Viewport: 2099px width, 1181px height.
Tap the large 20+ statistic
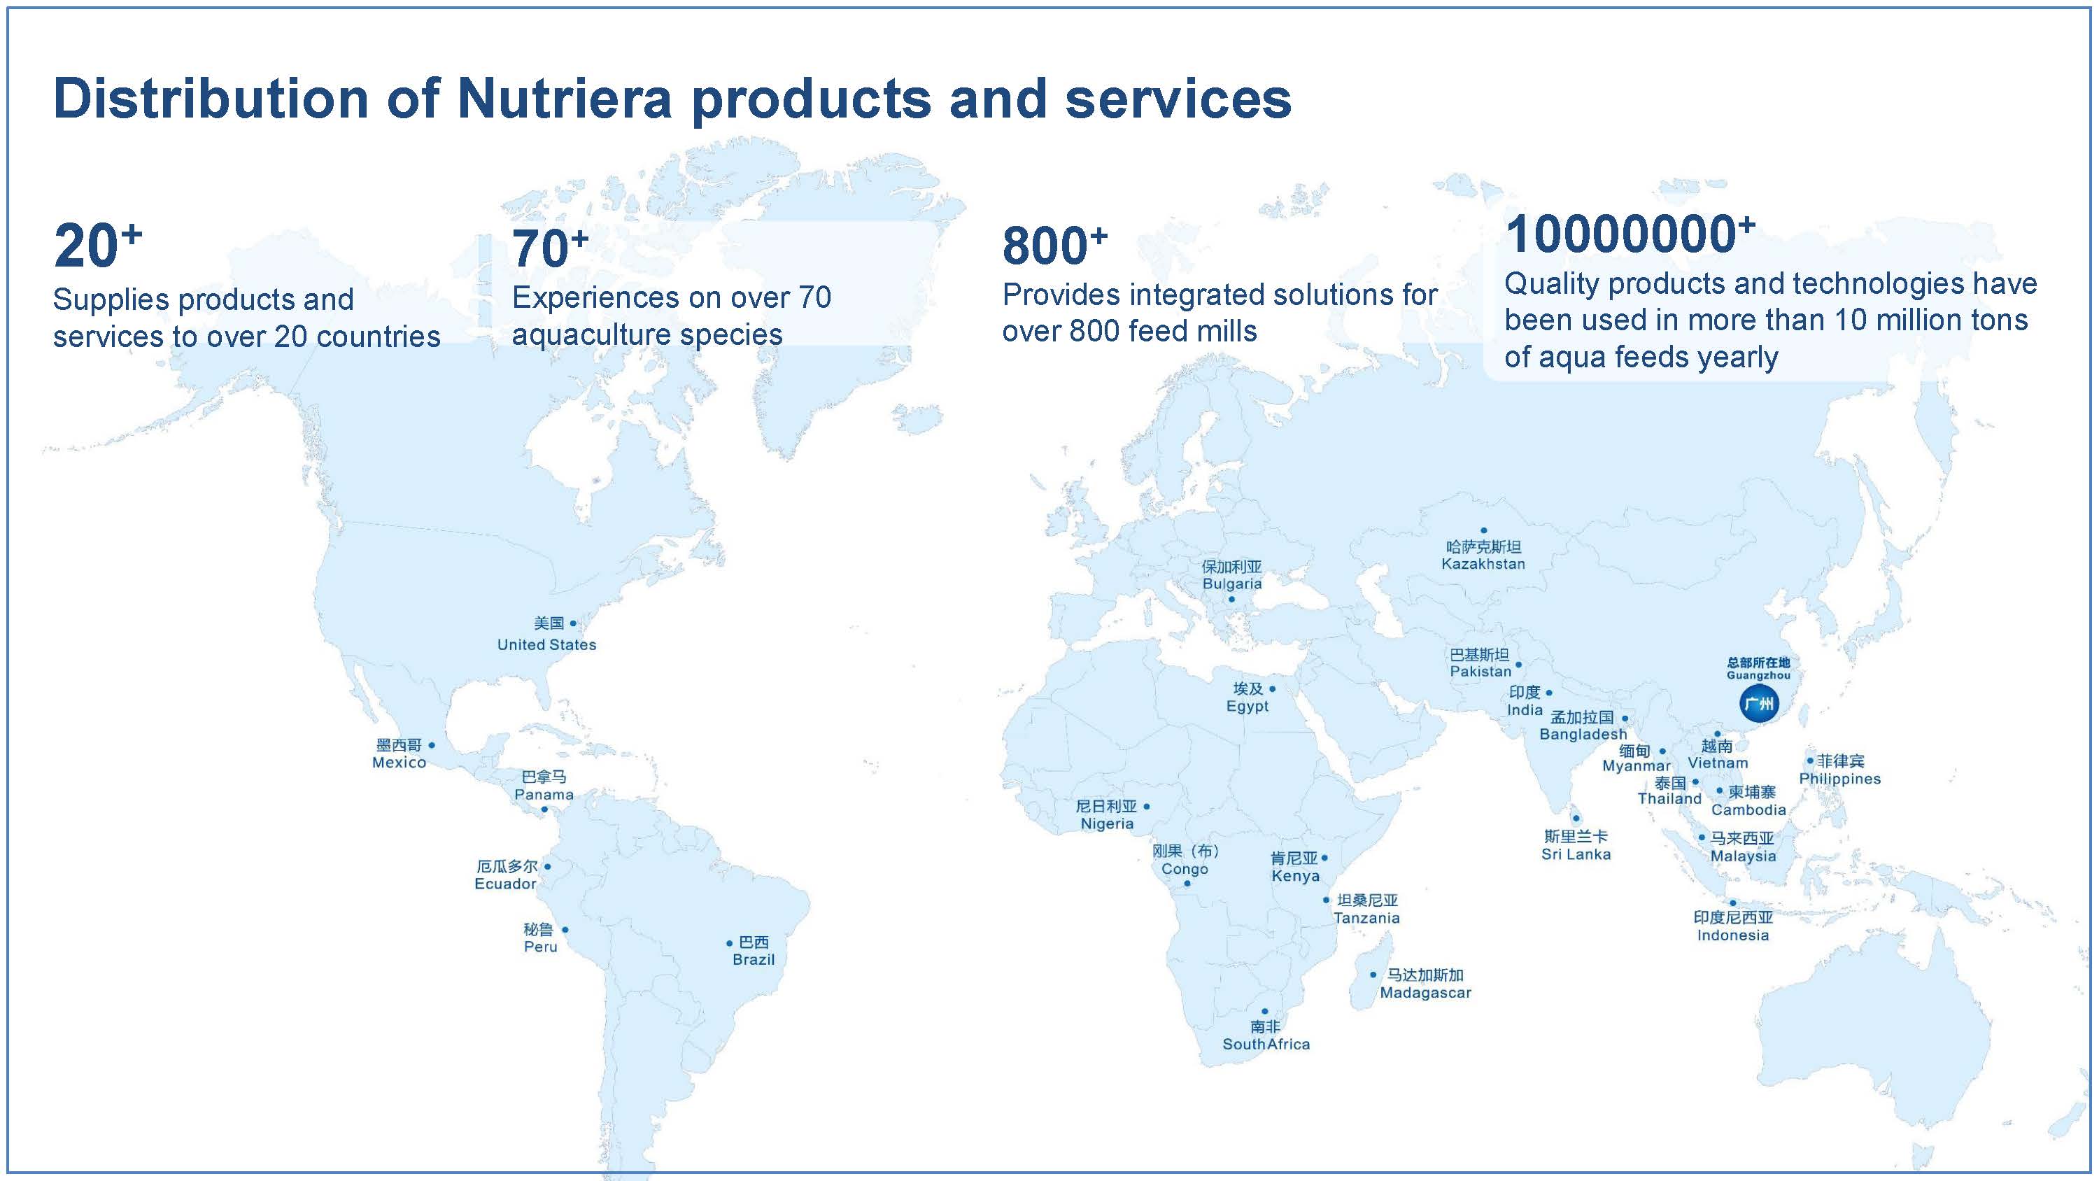(98, 244)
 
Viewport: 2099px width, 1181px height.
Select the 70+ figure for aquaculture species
(550, 248)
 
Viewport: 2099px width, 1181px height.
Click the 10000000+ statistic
(1630, 233)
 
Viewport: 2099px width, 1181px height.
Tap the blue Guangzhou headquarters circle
(1758, 703)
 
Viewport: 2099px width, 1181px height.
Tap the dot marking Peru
(565, 929)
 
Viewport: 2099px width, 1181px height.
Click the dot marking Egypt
(1272, 688)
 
